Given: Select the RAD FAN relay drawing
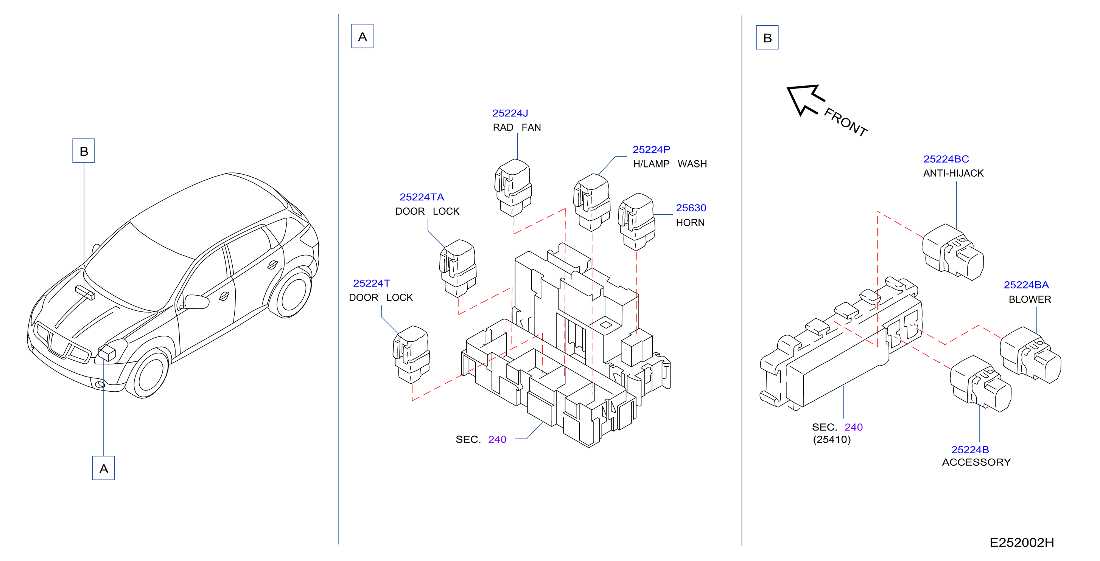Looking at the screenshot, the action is click(513, 188).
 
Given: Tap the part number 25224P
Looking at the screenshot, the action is click(651, 150).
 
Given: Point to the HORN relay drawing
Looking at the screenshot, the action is click(636, 222).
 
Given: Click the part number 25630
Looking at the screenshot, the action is click(691, 208).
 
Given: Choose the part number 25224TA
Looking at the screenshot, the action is click(422, 197).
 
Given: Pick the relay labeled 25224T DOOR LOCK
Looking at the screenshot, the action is click(411, 355).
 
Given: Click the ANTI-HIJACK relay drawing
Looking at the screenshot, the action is click(953, 252).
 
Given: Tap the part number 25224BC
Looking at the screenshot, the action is click(946, 159).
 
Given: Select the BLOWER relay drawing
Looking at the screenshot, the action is click(1030, 355).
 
